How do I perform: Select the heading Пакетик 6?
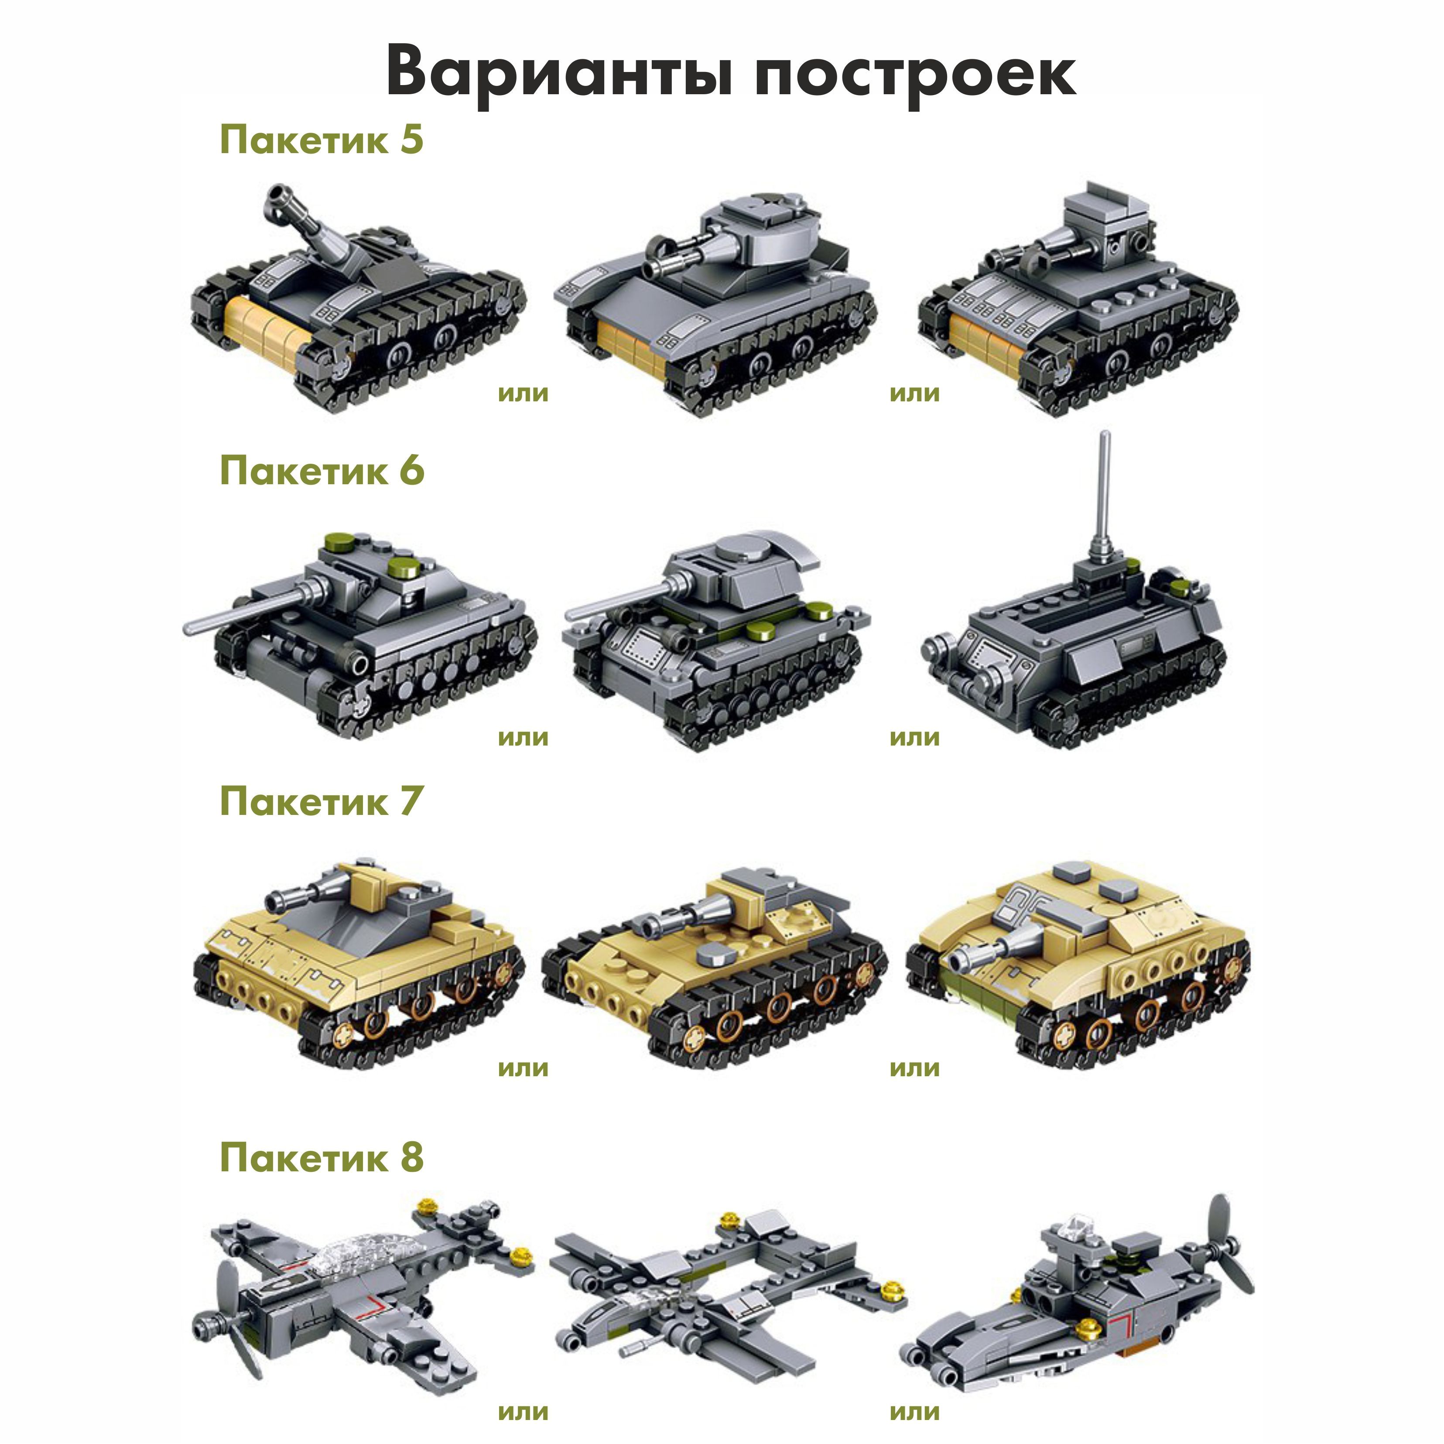(322, 471)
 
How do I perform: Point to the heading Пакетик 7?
(322, 802)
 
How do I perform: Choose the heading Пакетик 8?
(322, 1158)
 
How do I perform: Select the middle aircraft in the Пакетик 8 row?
(729, 1289)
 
